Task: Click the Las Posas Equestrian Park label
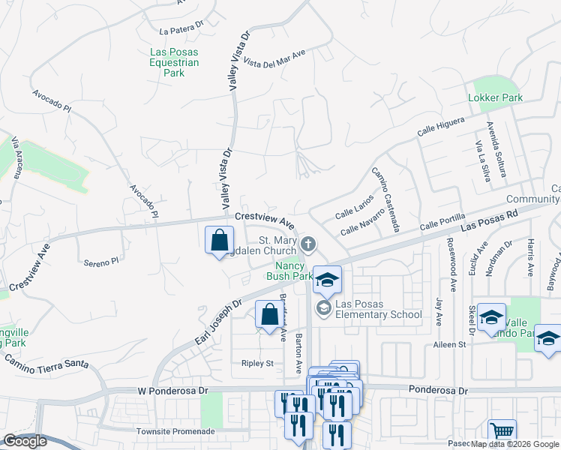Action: point(174,62)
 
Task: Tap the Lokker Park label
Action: point(495,97)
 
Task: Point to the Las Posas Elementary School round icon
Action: point(323,307)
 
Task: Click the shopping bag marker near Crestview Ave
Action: point(219,241)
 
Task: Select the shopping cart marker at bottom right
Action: point(502,433)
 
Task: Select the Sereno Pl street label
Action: point(101,262)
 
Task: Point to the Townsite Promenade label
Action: point(173,432)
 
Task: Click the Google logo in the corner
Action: point(25,442)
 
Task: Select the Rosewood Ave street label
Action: point(452,265)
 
